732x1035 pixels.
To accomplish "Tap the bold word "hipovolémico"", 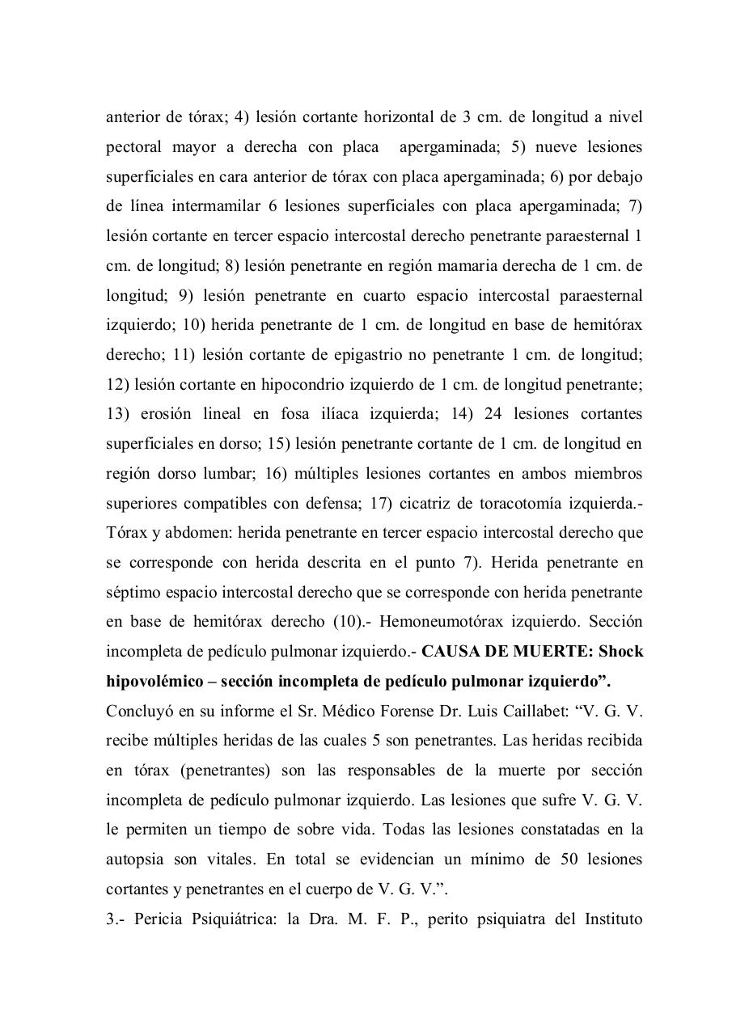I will [154, 682].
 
